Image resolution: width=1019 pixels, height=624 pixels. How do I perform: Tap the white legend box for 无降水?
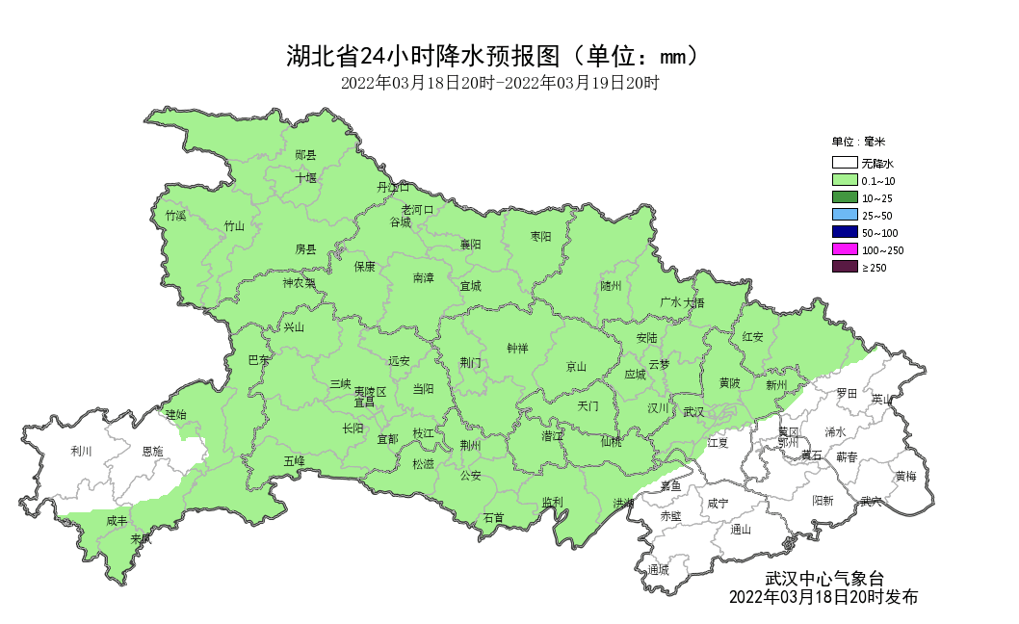845,164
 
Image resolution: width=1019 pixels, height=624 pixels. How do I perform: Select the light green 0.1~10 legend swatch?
845,181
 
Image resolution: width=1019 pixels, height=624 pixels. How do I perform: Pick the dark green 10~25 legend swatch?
845,198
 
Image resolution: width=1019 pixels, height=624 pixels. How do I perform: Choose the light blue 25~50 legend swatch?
845,216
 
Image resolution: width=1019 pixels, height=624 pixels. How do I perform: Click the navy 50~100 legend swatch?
845,233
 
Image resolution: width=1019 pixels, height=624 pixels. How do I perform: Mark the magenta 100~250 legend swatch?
845,250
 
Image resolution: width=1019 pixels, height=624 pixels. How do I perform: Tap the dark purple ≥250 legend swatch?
845,267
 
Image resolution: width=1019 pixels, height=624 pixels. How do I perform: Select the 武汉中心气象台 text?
823,579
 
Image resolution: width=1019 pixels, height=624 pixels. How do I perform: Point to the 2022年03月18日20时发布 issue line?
823,597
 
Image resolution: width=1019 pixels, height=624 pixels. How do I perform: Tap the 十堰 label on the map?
305,178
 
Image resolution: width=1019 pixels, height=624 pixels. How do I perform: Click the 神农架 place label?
299,283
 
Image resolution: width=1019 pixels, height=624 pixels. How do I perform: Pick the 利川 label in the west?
81,451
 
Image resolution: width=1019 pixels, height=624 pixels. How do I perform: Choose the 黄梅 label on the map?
905,476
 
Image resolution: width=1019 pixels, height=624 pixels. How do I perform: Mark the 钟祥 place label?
517,348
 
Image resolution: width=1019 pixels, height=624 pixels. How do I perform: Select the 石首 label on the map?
493,518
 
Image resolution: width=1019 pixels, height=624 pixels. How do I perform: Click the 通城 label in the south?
659,569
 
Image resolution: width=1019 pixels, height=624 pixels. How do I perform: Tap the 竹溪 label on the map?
175,216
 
